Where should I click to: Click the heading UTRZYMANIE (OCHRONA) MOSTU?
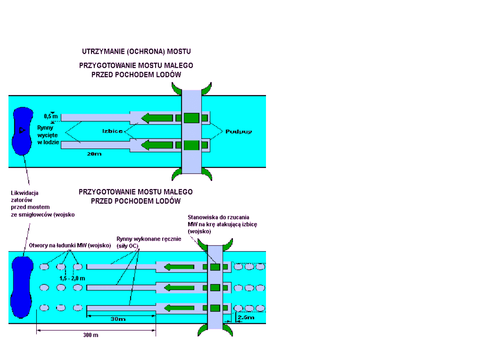136,52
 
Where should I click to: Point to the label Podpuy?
239,131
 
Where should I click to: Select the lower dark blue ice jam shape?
22,287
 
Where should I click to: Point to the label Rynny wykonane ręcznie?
149,241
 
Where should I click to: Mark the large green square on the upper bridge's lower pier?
191,144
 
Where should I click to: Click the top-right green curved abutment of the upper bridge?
207,89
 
